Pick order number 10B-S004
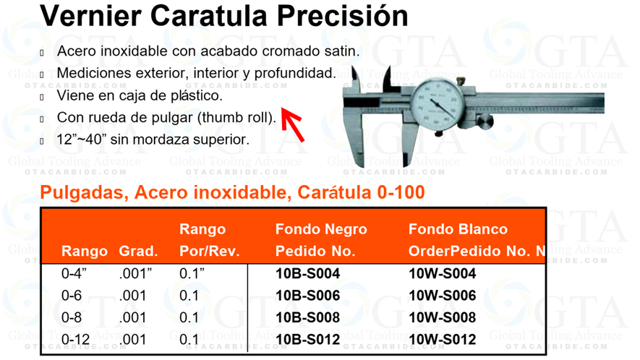[x=307, y=275]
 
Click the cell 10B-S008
[x=307, y=318]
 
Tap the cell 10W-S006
[x=443, y=296]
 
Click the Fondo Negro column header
[x=321, y=230]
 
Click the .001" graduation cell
[x=137, y=275]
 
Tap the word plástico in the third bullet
[x=191, y=95]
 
